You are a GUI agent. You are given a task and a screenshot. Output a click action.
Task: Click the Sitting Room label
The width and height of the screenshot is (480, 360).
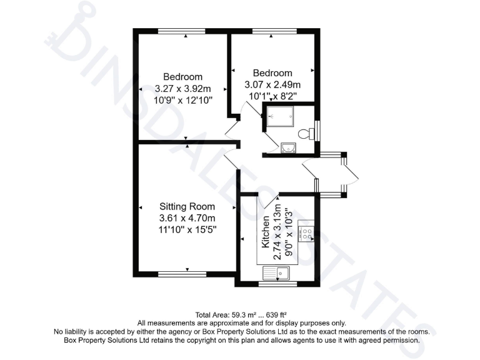187,207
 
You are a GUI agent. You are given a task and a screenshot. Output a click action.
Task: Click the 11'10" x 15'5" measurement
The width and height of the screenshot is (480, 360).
187,229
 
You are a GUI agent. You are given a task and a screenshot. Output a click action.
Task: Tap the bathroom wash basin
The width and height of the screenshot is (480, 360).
288,147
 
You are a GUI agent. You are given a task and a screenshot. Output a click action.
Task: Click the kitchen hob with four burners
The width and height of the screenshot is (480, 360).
306,234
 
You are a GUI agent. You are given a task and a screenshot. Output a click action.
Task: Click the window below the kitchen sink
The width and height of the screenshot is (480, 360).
277,284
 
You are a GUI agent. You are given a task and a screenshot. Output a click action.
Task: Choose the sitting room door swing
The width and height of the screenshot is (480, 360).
230,160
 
